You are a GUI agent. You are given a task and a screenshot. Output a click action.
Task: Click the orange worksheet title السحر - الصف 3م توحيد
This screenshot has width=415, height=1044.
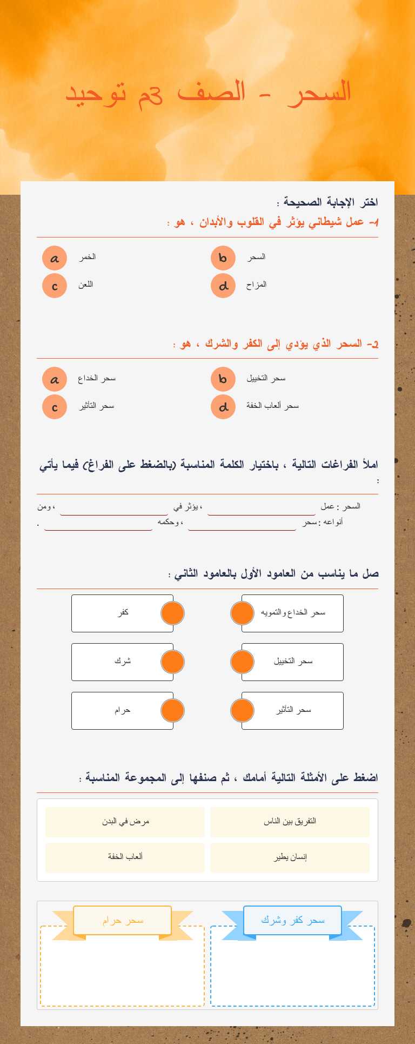click(208, 92)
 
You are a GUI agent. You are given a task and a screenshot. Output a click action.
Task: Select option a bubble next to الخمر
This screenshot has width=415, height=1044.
click(55, 258)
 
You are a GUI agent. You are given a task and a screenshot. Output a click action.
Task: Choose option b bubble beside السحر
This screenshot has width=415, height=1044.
click(223, 258)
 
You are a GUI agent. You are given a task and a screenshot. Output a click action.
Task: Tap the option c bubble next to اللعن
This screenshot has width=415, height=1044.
click(55, 286)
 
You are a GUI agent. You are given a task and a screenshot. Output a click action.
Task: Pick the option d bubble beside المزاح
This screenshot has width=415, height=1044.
click(223, 286)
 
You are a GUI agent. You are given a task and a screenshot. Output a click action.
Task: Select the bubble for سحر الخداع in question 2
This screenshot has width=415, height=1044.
click(55, 379)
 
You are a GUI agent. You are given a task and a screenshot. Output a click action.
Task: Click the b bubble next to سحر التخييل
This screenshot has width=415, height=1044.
click(223, 379)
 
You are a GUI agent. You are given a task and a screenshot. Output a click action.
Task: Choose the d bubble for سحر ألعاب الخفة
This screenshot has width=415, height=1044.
click(223, 407)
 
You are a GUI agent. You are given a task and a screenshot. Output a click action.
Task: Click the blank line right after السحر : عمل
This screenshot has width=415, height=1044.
click(262, 509)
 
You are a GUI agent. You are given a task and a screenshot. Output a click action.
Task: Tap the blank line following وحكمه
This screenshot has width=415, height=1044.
click(98, 524)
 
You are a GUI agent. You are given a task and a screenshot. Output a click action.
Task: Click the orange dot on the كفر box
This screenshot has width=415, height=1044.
click(173, 613)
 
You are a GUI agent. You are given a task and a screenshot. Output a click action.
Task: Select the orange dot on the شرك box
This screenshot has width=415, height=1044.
click(173, 662)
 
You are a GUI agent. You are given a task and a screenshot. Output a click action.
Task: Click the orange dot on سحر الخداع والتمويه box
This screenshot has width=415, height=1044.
click(242, 613)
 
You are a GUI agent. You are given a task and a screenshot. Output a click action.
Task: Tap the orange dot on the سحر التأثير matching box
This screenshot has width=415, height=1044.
click(242, 711)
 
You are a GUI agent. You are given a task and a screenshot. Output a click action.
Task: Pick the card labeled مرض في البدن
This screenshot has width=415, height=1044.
click(125, 822)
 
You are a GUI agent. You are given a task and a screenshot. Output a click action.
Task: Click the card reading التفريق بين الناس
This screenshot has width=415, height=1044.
click(290, 822)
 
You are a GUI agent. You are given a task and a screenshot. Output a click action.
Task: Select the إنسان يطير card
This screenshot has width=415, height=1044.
click(290, 857)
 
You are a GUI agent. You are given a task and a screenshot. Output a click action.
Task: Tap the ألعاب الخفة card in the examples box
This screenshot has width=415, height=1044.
click(125, 857)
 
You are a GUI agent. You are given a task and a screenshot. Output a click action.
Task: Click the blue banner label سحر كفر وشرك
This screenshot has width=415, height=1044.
click(292, 920)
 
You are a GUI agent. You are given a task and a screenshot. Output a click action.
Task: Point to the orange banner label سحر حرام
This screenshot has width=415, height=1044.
click(123, 920)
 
